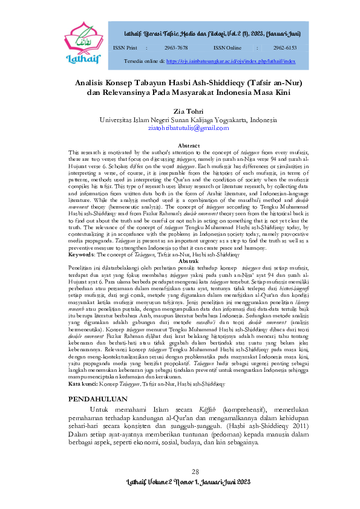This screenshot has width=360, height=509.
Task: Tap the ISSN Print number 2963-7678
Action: [176, 47]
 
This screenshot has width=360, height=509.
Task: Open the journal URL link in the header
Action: [231, 62]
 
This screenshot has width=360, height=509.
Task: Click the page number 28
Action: [195, 472]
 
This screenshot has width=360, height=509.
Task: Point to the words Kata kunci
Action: [82, 367]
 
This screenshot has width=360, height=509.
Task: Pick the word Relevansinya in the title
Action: [129, 93]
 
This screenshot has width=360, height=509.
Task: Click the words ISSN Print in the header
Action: [125, 47]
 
